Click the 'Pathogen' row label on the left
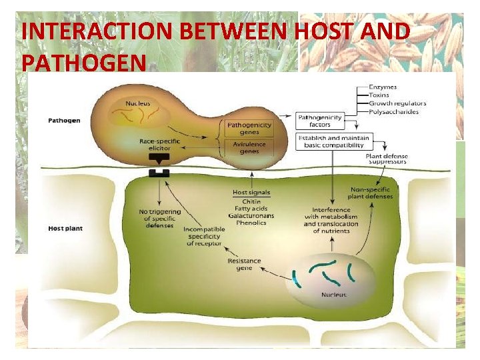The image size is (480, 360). (x=65, y=121)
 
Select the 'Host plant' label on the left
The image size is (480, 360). (x=65, y=229)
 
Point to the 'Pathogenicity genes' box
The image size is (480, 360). (x=249, y=128)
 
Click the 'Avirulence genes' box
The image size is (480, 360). (x=249, y=147)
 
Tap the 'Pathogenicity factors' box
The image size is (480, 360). (x=319, y=121)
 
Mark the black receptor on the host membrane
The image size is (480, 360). (x=159, y=173)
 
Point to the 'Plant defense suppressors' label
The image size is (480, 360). (x=387, y=160)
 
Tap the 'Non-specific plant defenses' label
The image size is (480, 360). (x=371, y=193)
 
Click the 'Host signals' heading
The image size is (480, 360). (x=251, y=193)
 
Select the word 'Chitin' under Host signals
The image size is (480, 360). (x=251, y=201)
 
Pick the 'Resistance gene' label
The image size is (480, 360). (x=245, y=265)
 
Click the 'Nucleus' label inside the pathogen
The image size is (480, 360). (x=138, y=103)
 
